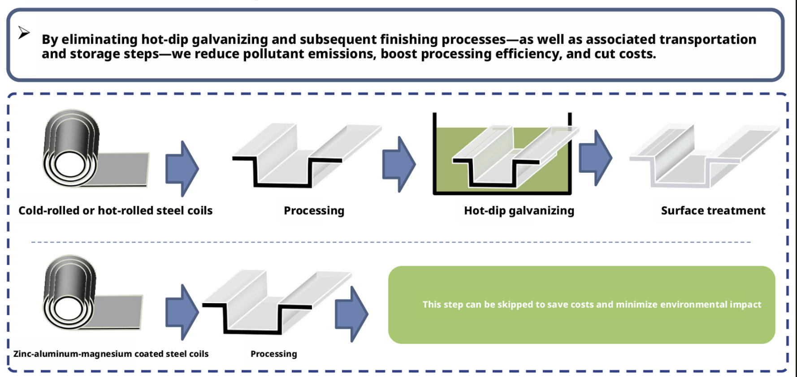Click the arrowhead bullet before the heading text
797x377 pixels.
pos(24,33)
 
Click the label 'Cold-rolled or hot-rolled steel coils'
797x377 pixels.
pos(115,210)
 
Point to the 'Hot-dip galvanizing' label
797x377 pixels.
pos(519,210)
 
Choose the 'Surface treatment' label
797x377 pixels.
pos(713,210)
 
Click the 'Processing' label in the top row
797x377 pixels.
pos(314,210)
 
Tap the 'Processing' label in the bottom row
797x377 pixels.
pos(273,354)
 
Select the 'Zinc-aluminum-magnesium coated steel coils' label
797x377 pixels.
pos(111,354)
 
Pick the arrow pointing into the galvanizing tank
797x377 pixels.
pos(398,164)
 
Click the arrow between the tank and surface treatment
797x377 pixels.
pos(595,158)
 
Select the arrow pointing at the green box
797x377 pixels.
pos(351,314)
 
